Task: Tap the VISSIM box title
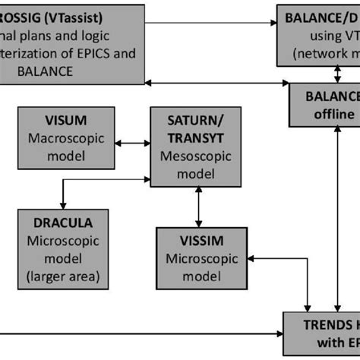[199, 242]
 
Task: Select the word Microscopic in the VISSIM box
[199, 258]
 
